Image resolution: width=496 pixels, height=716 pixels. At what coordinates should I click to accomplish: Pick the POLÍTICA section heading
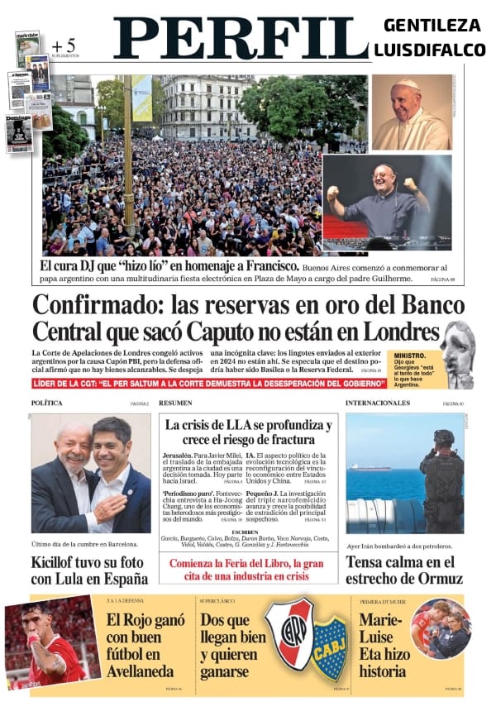pos(47,403)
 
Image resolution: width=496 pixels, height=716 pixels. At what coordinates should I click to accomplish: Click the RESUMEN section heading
pos(175,403)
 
